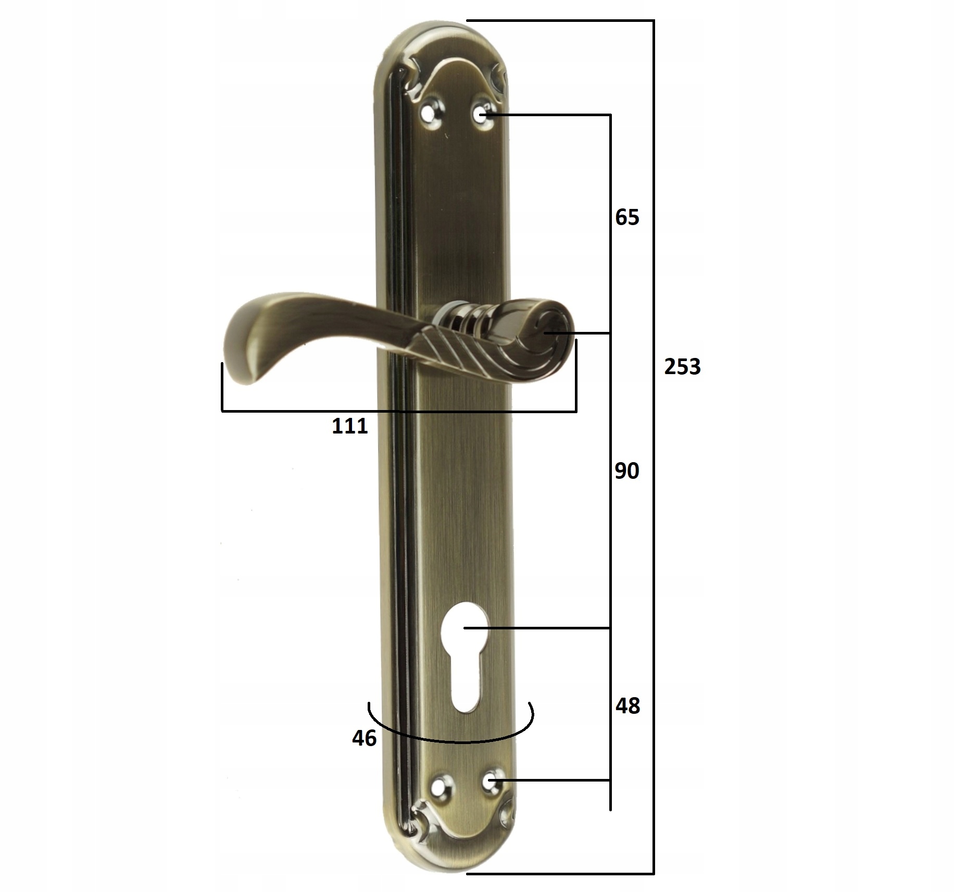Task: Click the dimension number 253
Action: (682, 367)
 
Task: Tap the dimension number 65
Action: (627, 217)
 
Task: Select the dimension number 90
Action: (627, 471)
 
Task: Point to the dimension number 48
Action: (627, 706)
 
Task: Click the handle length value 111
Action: (350, 426)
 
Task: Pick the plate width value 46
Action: (364, 738)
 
